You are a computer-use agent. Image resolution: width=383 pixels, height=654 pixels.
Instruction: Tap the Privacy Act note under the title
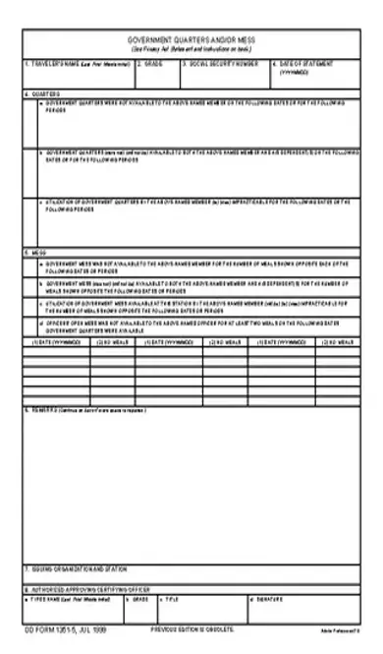click(x=191, y=49)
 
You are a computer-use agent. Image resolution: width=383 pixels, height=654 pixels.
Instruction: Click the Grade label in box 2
click(x=151, y=63)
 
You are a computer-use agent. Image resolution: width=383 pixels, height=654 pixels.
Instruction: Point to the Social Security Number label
click(x=221, y=63)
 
